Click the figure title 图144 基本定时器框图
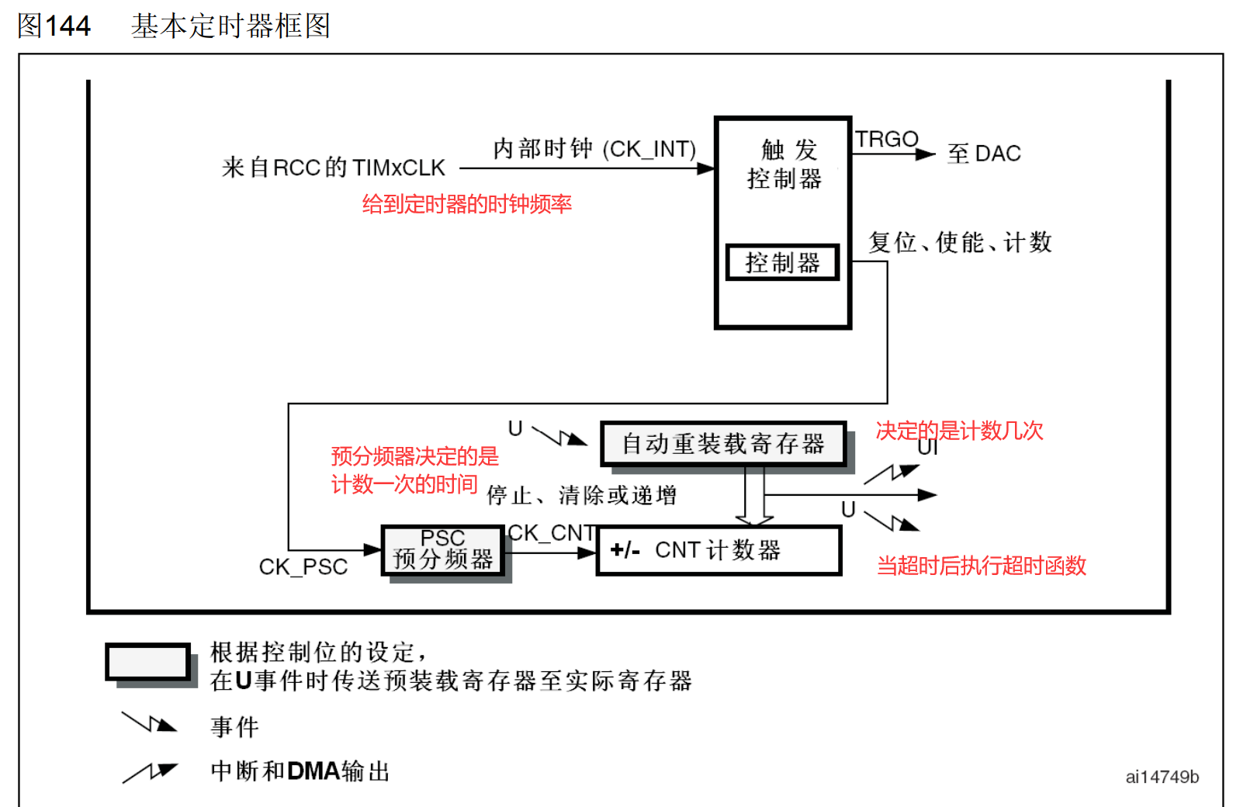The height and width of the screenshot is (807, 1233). pos(174,26)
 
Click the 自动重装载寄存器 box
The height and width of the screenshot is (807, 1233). pos(723,444)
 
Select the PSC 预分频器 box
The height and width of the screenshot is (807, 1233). pos(443,550)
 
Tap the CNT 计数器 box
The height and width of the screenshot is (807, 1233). pos(719,550)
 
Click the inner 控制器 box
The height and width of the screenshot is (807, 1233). pos(782,262)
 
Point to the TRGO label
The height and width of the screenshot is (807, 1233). pos(886,139)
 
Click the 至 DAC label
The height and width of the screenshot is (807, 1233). pos(984,154)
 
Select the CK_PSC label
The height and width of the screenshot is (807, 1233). pos(303,567)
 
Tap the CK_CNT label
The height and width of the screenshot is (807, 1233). pos(552,533)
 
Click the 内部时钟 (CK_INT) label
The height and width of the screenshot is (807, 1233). pos(594,148)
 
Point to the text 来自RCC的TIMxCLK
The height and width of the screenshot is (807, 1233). pos(334,168)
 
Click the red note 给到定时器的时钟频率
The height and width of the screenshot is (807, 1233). pos(467,204)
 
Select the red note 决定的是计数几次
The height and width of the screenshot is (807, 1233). pos(959,431)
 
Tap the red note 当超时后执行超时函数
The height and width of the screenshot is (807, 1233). pos(981,566)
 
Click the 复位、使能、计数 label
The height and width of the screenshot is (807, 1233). pos(960,242)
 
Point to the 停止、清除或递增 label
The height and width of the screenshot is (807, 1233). pos(582,495)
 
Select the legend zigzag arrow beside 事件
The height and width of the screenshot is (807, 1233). pos(150,723)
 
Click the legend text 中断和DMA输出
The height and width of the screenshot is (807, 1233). pos(300,771)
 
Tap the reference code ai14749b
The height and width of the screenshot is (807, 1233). pos(1162,777)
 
